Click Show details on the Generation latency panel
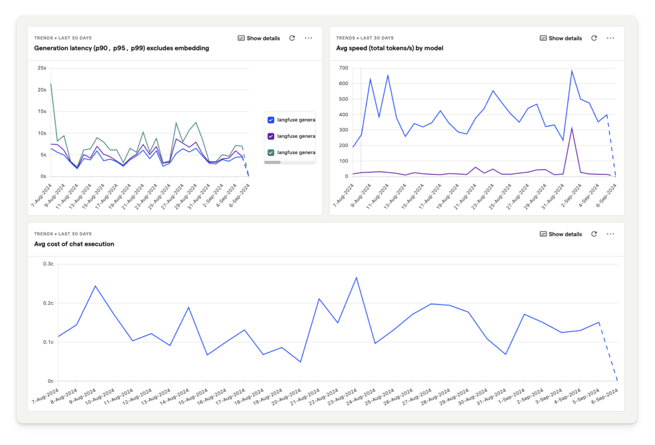point(259,38)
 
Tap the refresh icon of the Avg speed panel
point(594,38)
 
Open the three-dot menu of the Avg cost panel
point(610,234)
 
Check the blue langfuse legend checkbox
point(271,120)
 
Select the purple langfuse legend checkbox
point(271,136)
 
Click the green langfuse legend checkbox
point(271,153)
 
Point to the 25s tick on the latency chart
point(42,68)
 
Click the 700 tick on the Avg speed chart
point(343,68)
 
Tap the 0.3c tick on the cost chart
point(48,264)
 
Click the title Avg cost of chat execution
point(74,244)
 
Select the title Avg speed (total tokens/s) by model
point(389,48)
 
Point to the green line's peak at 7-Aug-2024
point(51,84)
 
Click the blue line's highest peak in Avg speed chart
point(572,71)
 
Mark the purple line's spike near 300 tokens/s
point(572,129)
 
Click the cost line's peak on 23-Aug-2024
point(356,278)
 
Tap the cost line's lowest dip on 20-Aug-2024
point(300,362)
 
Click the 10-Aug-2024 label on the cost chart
point(100,397)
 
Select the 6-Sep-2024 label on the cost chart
point(605,397)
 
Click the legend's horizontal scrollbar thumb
point(272,162)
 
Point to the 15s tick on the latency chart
point(42,111)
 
